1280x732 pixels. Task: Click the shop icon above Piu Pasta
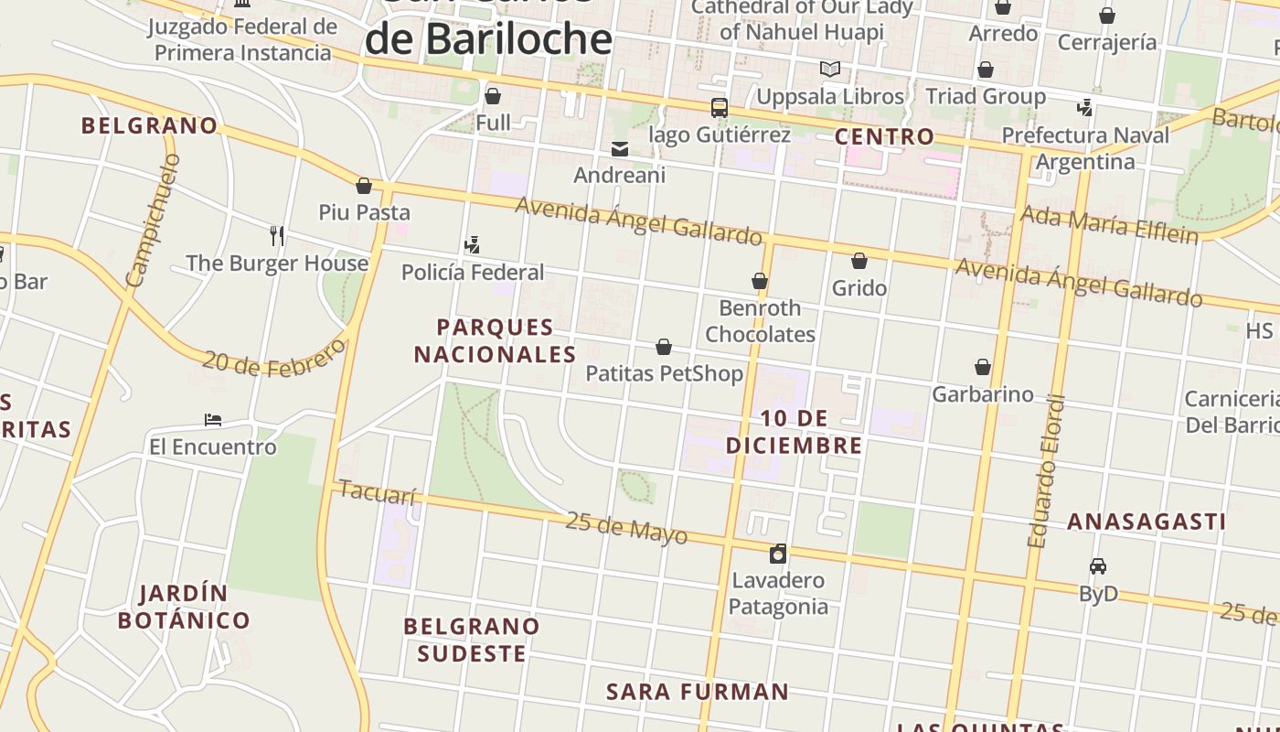[364, 186]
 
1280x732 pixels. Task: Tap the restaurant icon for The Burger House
[277, 236]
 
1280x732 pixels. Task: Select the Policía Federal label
[473, 272]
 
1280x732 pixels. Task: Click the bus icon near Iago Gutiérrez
[720, 108]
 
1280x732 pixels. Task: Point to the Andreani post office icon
[620, 148]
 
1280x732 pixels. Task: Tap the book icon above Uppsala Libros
[830, 70]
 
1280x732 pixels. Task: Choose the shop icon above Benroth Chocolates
[760, 281]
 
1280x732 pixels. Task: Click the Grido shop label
[859, 288]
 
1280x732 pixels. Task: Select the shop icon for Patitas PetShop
[664, 347]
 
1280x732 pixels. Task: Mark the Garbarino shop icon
[983, 367]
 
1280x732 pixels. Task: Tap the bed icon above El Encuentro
[213, 420]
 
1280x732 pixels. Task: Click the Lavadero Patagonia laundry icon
[778, 554]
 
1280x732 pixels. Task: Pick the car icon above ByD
[1098, 566]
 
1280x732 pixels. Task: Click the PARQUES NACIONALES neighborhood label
[495, 340]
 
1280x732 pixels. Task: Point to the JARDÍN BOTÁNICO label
[184, 607]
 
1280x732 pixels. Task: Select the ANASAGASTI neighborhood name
[1147, 522]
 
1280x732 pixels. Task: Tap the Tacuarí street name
[377, 492]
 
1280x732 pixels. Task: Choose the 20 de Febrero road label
[275, 358]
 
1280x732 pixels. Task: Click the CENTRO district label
[884, 137]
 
